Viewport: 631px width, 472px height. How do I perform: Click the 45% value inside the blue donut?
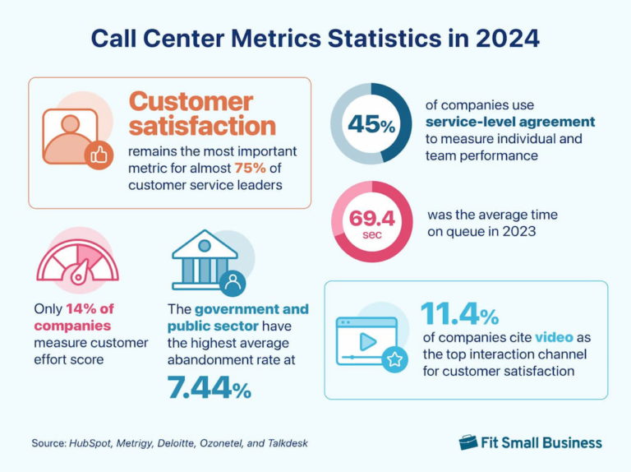tap(371, 123)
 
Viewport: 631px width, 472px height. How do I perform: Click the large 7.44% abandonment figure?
tap(210, 386)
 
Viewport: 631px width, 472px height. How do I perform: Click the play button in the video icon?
tap(368, 340)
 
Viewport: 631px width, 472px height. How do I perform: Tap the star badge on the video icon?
tap(395, 359)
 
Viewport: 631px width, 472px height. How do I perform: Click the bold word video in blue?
tap(554, 337)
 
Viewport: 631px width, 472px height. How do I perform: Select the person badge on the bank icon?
tap(233, 283)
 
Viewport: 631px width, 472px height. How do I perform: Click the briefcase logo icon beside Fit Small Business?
tap(468, 442)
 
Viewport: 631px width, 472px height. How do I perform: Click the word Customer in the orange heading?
tap(191, 102)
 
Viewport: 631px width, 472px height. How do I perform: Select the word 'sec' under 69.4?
tap(371, 234)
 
